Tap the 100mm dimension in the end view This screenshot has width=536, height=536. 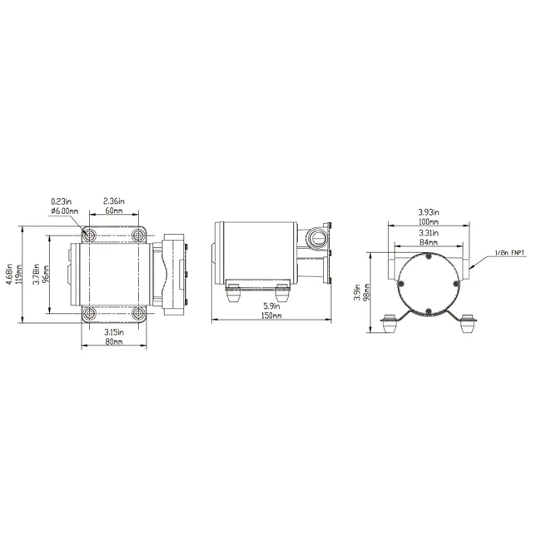[428, 221]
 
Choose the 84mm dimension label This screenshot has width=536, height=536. [428, 242]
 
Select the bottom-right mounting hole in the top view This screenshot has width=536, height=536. [138, 314]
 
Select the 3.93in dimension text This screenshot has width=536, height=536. [428, 211]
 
